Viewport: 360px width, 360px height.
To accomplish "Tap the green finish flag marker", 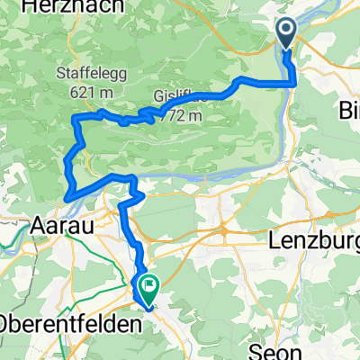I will (x=145, y=290).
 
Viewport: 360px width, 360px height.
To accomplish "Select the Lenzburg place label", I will (x=313, y=240).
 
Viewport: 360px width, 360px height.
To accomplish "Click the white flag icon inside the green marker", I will (x=145, y=289).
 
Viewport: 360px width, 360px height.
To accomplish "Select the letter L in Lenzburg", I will (x=274, y=240).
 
